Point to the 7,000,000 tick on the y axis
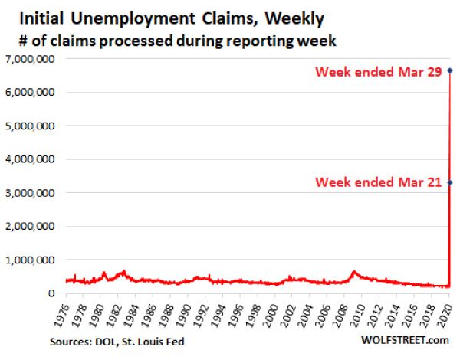31,59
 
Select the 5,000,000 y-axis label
31,126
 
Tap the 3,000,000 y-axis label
31,193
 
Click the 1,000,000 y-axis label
31,260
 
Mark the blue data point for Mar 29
449,70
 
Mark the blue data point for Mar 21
449,182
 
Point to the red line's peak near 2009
353,271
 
